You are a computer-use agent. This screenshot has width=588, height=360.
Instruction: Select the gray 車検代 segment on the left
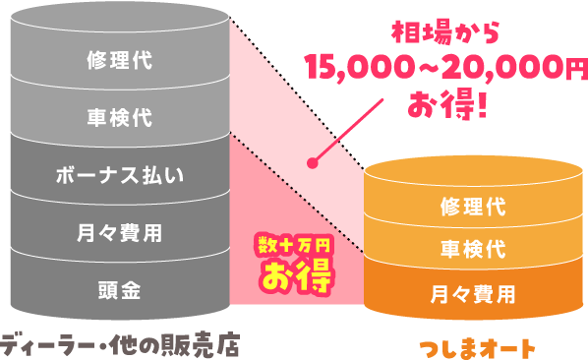[119, 118]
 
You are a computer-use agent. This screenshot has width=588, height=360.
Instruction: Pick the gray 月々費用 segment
[119, 233]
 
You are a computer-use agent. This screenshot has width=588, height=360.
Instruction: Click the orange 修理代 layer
[468, 209]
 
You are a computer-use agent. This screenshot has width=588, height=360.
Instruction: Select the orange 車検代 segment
[468, 250]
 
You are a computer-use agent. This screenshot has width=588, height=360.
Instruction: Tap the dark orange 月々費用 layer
[468, 292]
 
